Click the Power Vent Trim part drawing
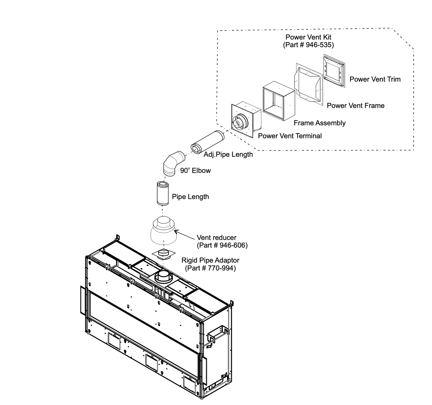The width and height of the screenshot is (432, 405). [334, 70]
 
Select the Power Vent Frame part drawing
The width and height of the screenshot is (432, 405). [308, 84]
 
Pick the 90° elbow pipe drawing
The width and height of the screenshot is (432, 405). [173, 163]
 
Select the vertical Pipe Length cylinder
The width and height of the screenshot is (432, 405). [162, 194]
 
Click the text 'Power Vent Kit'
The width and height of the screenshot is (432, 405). [308, 37]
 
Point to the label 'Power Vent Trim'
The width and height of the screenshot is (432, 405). [375, 79]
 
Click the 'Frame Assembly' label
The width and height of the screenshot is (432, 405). [319, 123]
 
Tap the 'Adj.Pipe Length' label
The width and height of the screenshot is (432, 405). [228, 154]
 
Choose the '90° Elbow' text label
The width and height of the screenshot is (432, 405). [195, 171]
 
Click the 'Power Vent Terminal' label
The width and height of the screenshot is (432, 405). [290, 136]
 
